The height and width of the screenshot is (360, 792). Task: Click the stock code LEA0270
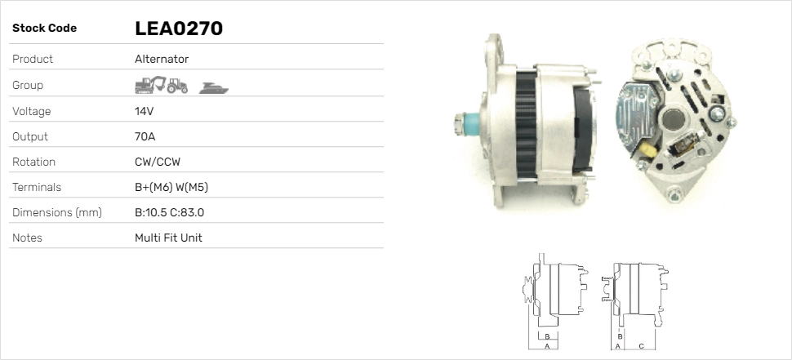[178, 29]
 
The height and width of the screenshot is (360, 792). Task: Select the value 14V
[144, 111]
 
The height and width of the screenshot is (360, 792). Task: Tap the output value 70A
[145, 137]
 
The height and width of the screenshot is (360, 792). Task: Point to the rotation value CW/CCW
[158, 162]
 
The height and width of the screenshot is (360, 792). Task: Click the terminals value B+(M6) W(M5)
[171, 187]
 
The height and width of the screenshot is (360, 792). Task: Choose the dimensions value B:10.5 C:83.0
[169, 212]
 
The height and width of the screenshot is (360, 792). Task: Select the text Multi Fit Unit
[168, 238]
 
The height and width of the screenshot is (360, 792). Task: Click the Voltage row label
[31, 112]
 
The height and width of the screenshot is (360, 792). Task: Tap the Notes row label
[27, 238]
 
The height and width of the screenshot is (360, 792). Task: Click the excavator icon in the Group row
[150, 85]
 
